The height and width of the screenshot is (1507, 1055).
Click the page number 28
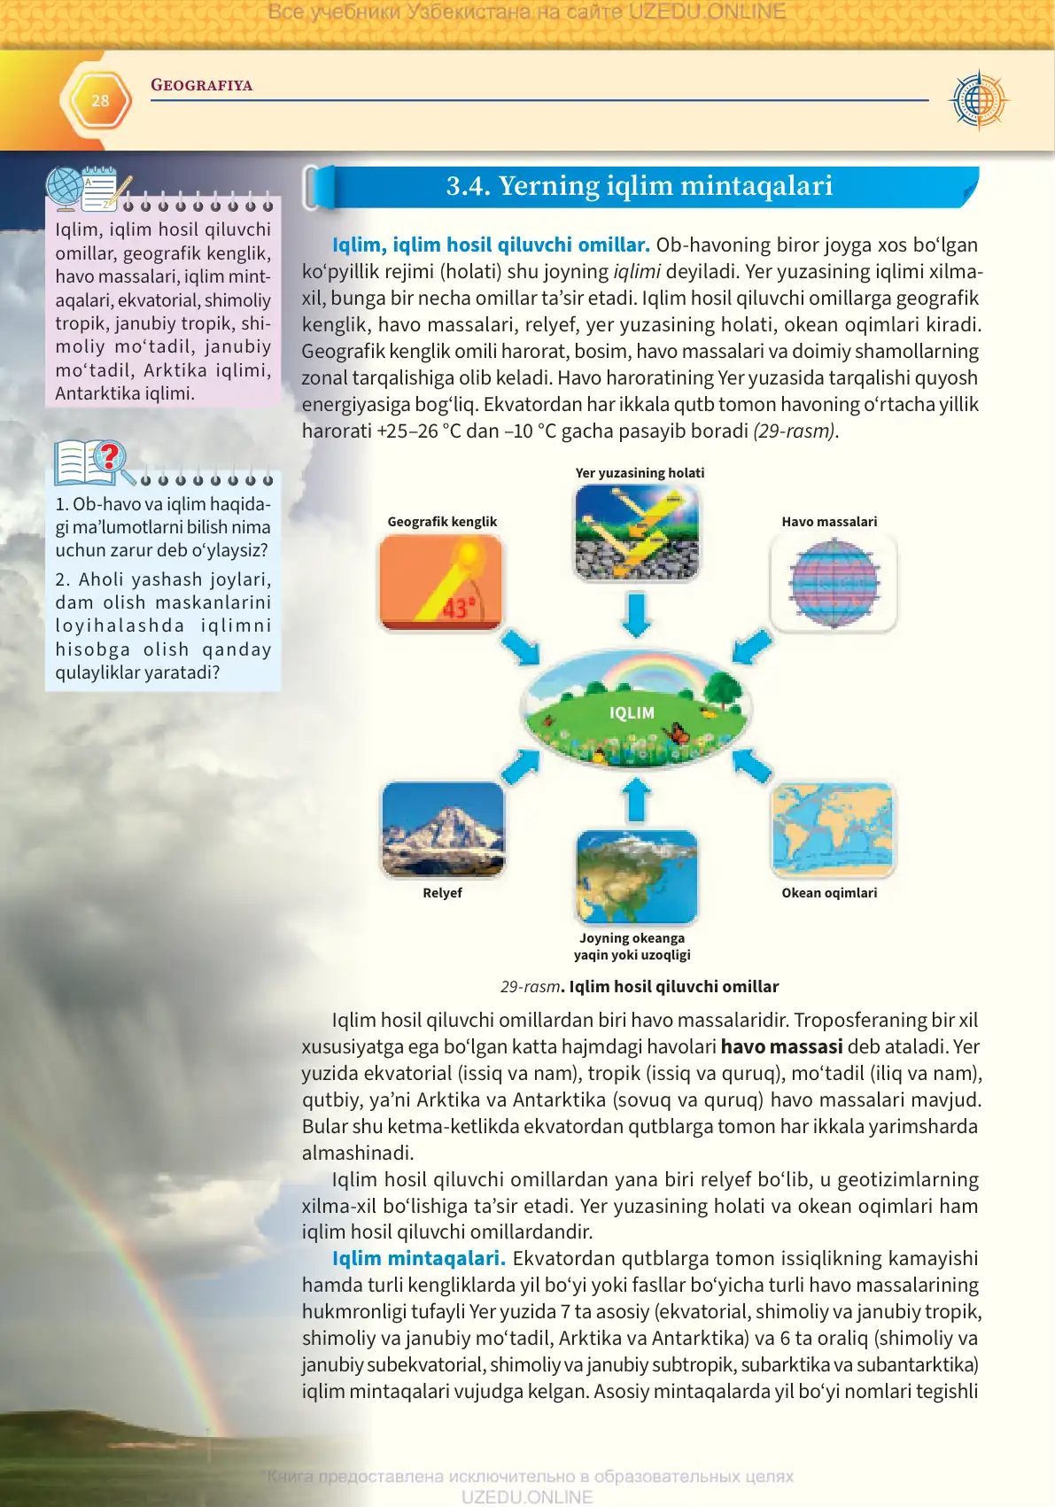pos(100,101)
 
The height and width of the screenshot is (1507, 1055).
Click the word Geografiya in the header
pos(201,85)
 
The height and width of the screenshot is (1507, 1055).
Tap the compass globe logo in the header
pos(978,100)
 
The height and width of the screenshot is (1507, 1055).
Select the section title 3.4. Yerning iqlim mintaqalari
pos(639,186)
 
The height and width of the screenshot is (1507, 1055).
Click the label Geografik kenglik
pos(442,522)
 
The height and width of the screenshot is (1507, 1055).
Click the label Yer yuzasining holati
pos(640,473)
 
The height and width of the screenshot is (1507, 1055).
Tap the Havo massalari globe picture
pos(834,583)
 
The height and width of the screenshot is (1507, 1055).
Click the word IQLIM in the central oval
pos(632,713)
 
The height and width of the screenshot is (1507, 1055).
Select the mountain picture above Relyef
pos(443,829)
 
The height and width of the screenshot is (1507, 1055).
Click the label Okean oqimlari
pos(829,893)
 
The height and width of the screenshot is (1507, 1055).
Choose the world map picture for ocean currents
pos(833,829)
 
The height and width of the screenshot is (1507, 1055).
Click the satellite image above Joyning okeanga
pos(637,877)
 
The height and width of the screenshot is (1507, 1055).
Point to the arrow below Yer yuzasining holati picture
pos(636,615)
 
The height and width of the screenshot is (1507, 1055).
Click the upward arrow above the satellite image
pos(636,799)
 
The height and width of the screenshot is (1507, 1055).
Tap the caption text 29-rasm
pos(530,987)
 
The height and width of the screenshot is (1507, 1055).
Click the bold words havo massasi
pos(781,1047)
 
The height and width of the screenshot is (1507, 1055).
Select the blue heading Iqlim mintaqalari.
pos(418,1259)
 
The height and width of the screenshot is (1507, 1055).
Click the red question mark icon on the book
pos(109,456)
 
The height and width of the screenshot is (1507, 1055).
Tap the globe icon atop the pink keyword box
pos(65,189)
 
